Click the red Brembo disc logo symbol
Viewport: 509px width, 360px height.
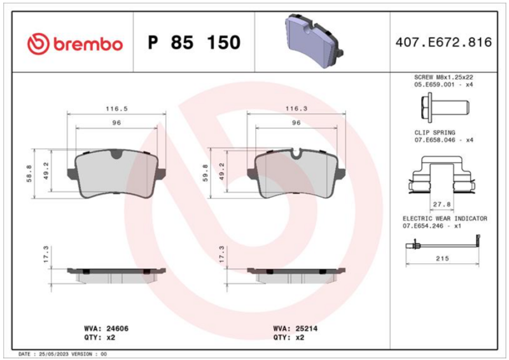pyautogui.click(x=38, y=43)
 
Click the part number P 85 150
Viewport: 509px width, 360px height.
pyautogui.click(x=194, y=43)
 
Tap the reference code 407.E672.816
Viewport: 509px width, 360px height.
pyautogui.click(x=443, y=43)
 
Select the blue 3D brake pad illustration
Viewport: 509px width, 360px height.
pyautogui.click(x=314, y=40)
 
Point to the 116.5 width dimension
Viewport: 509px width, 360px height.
pyautogui.click(x=116, y=109)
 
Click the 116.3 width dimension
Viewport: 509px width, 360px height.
pyautogui.click(x=296, y=108)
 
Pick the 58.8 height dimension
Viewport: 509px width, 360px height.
pyautogui.click(x=29, y=174)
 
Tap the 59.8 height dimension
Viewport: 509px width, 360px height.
pyautogui.click(x=205, y=173)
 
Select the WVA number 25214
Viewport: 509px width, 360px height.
pyautogui.click(x=306, y=328)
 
